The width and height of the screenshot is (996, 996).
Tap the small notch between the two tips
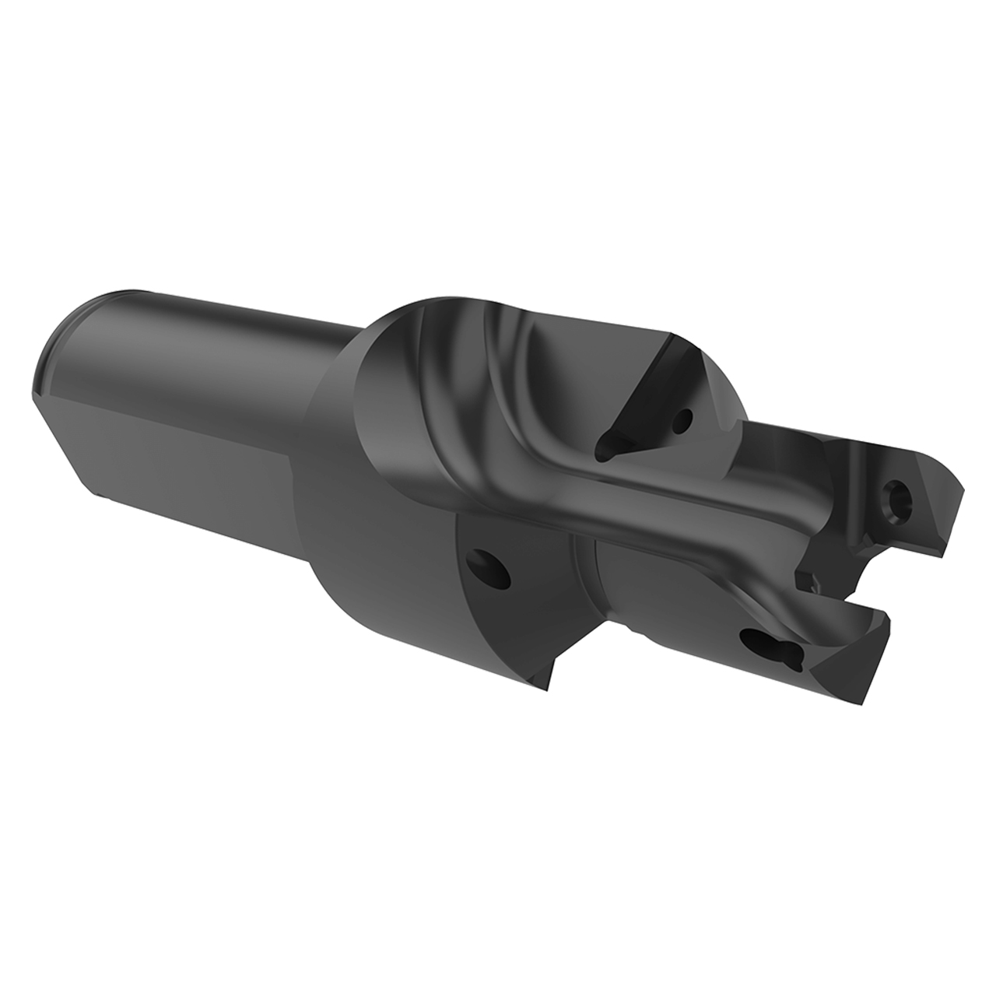(809, 580)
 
